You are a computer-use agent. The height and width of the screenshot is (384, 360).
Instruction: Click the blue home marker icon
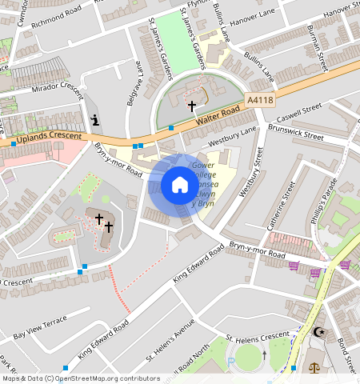(x=179, y=186)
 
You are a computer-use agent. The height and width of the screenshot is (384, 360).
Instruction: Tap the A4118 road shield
(x=261, y=100)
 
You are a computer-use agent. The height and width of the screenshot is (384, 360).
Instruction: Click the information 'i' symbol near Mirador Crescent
(x=96, y=121)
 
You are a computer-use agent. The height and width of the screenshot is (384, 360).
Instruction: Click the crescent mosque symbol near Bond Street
(x=322, y=331)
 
